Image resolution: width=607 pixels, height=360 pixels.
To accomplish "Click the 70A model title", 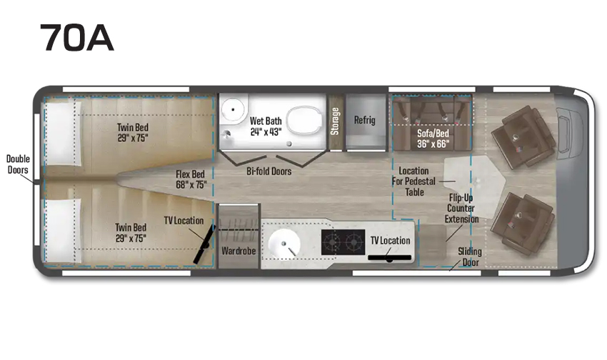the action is coord(76,37).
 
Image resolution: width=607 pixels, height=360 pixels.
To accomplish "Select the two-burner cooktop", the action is coord(343,242).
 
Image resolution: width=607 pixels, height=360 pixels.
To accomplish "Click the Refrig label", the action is coord(365,120).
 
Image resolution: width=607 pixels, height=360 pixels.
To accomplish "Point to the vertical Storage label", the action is coord(335,121).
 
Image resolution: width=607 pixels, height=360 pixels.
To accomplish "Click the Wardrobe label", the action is coord(239,251).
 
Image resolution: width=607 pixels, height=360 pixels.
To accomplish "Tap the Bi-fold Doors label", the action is coord(269,171).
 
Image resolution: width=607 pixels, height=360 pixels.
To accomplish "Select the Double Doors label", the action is coord(18,164).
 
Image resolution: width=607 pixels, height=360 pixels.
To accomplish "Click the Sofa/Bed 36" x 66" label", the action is coord(433,139).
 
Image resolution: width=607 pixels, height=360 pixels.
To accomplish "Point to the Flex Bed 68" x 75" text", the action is coord(191,179).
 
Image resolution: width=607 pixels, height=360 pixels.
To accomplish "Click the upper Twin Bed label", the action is coord(133,132).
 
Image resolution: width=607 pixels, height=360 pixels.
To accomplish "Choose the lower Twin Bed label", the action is coord(131,233).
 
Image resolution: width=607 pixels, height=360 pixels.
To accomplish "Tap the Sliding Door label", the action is coord(470,256).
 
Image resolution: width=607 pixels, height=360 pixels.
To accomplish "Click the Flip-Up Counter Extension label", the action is coord(461,209).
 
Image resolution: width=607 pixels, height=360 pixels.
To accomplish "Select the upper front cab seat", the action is coord(523,137).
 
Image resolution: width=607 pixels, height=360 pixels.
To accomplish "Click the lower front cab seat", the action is coord(522,224).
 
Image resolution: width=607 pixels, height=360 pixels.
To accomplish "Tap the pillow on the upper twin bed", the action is coord(61,134).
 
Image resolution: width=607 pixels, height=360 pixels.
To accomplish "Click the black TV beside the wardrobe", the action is coord(204,244).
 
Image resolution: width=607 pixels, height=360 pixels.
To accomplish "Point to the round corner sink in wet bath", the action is coord(233,109).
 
